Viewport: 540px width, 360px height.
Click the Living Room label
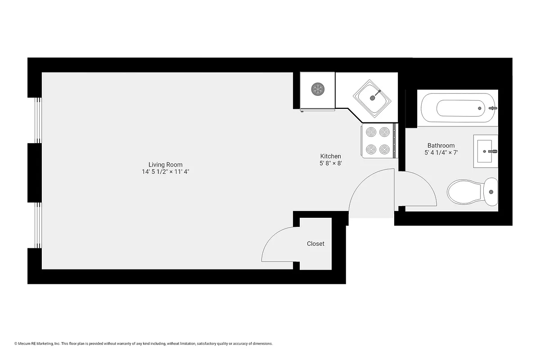[166, 165]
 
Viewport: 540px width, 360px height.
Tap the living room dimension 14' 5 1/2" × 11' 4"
[166, 172]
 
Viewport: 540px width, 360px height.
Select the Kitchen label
[330, 156]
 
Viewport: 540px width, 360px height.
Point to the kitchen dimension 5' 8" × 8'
[330, 163]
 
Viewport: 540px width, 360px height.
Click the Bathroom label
[441, 145]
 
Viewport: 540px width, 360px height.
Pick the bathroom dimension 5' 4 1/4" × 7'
[441, 153]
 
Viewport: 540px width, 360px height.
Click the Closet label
[315, 243]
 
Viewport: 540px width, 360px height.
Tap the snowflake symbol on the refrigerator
[318, 89]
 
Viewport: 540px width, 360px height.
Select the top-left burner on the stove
[371, 132]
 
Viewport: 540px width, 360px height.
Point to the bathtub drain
[480, 108]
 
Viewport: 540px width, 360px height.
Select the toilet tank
[491, 192]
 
